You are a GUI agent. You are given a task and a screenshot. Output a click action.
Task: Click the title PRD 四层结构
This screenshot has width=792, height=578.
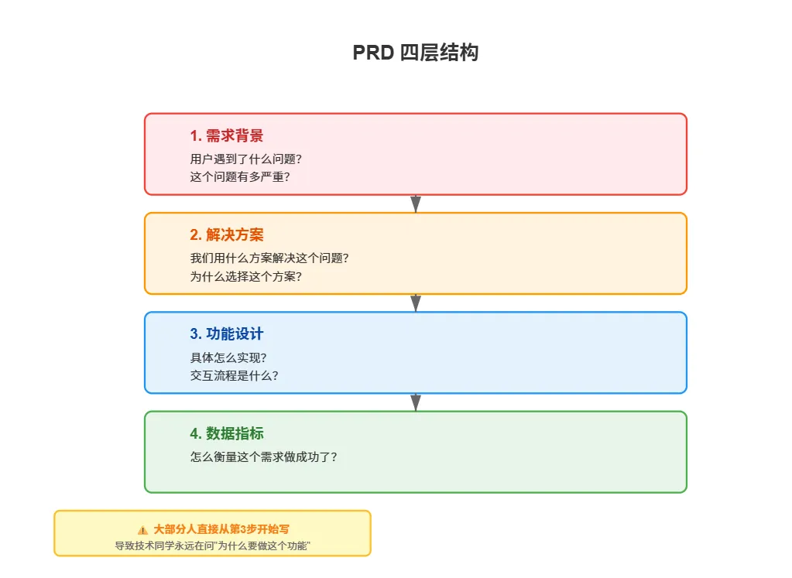[x=415, y=53]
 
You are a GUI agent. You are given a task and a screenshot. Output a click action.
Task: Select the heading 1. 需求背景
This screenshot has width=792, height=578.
[x=226, y=136]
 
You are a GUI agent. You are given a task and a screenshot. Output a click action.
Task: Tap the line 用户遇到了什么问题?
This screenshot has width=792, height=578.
[x=245, y=159]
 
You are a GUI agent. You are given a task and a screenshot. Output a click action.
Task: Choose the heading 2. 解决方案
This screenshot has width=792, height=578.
[x=226, y=235]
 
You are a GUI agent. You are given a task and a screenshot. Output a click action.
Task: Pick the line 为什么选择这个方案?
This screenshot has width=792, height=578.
[x=245, y=275]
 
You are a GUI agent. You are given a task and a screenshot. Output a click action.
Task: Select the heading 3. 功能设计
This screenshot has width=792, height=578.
[x=226, y=334]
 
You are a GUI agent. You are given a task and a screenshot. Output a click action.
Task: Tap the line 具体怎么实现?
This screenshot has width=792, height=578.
[x=228, y=357]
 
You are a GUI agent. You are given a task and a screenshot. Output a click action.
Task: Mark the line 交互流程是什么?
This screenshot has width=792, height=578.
[x=234, y=375]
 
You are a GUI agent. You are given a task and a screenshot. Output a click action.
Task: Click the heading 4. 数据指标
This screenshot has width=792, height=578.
[x=226, y=433]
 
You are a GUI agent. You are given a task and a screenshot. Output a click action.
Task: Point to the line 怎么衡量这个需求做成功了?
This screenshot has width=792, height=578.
[x=263, y=457]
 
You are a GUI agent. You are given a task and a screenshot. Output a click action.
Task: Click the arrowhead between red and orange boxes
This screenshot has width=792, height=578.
[x=416, y=204]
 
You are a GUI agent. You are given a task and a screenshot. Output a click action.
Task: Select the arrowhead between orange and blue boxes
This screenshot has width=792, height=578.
[x=416, y=303]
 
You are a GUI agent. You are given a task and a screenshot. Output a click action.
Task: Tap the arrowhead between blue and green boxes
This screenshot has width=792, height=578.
[x=416, y=402]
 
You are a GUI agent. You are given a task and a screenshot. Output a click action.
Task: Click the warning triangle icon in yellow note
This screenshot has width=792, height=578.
[x=142, y=530]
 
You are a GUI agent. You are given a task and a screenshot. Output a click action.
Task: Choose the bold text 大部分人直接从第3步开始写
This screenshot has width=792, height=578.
[x=221, y=529]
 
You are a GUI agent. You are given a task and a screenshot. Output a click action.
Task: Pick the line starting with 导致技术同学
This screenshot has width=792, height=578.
[x=212, y=546]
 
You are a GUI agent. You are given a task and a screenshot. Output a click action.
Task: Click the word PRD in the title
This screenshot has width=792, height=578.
[x=374, y=53]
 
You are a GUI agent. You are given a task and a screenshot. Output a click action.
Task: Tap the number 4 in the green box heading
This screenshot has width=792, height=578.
[x=194, y=433]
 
